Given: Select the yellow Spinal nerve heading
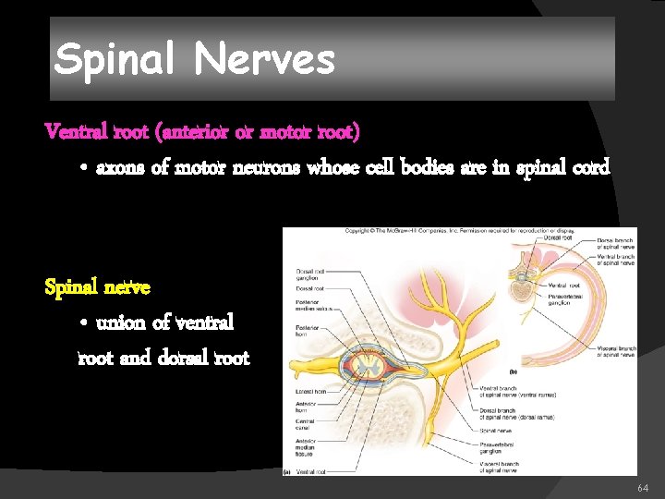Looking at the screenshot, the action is pyautogui.click(x=97, y=287).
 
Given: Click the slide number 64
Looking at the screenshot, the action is pyautogui.click(x=643, y=486).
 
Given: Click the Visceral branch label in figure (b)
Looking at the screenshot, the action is pyautogui.click(x=616, y=352).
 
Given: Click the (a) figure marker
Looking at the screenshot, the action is pyautogui.click(x=288, y=471).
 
